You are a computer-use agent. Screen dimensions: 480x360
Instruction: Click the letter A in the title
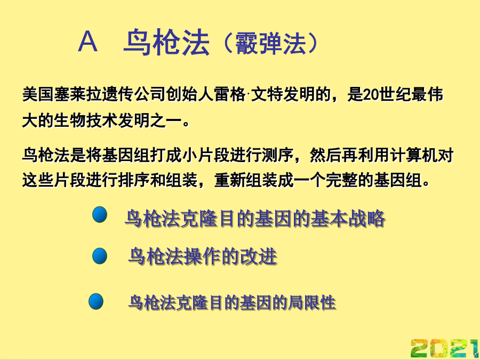coord(88,42)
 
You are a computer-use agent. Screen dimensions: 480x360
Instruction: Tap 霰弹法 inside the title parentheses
coord(270,44)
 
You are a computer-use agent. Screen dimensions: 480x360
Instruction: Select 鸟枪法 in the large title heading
coord(166,43)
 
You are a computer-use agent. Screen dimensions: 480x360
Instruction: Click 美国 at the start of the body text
coord(38,94)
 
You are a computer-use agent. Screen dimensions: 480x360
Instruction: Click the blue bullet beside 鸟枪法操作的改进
coord(100,256)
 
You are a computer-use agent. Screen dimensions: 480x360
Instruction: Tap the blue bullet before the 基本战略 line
coord(100,214)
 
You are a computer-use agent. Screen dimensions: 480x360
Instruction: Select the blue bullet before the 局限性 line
coord(96,301)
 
